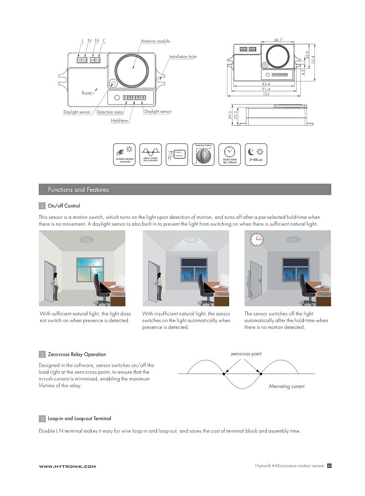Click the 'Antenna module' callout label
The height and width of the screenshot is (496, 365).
tap(155, 41)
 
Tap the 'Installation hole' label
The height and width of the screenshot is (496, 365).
tap(182, 57)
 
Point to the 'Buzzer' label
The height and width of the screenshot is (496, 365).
tap(87, 93)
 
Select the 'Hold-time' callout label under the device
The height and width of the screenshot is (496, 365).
tap(120, 121)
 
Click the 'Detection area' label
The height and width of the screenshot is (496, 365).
tap(110, 112)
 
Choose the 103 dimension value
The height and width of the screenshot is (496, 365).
tap(266, 94)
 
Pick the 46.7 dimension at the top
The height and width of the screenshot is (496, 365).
tap(278, 40)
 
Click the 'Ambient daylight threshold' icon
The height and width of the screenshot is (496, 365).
tap(125, 154)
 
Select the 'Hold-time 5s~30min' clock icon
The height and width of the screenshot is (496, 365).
tap(229, 154)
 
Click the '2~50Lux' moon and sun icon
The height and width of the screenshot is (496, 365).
tap(256, 154)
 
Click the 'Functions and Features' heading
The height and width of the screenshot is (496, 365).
tap(78, 190)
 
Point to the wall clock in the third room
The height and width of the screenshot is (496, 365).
tap(256, 239)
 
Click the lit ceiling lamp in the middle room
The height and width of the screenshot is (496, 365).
tap(192, 239)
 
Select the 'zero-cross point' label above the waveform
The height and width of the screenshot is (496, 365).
tap(246, 354)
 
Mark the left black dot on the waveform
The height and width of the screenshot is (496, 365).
tap(224, 374)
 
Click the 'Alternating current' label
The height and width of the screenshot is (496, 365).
tap(287, 386)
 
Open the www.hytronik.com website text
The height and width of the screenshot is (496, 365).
tap(68, 466)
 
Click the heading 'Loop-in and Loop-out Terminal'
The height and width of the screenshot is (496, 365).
tap(79, 418)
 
